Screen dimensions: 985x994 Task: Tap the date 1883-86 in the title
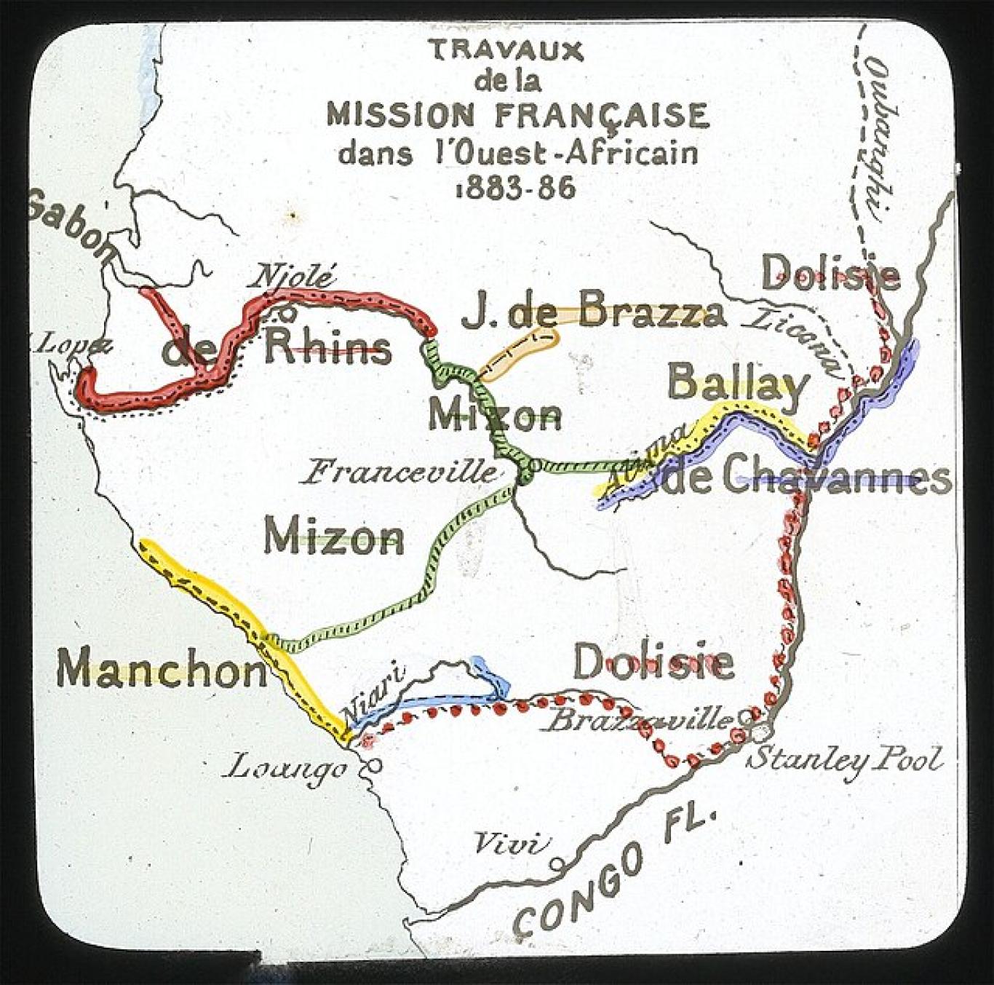[515, 189]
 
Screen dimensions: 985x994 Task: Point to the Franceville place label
[401, 472]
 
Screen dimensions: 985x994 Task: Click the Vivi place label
[509, 844]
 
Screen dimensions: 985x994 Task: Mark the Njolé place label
[293, 277]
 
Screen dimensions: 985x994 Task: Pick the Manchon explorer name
[162, 669]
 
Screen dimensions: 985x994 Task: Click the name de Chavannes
[808, 478]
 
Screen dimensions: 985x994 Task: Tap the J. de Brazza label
[594, 313]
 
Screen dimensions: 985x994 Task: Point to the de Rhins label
[277, 348]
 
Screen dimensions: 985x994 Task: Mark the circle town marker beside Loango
[374, 766]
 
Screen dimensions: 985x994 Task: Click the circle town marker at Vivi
[557, 863]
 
